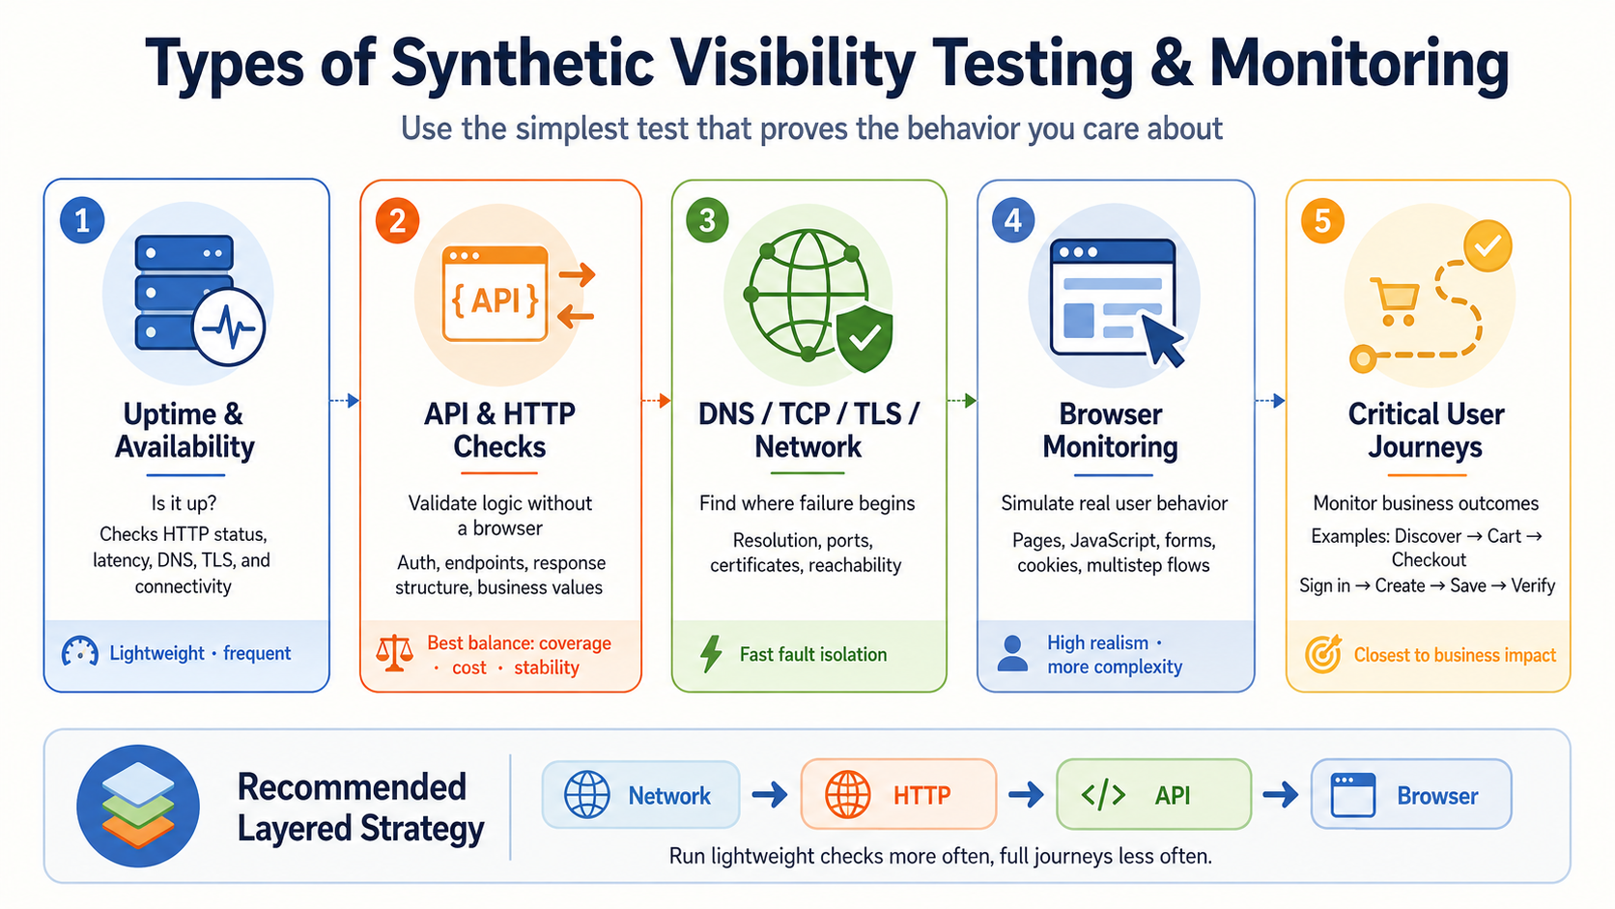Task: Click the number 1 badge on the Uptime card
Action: coord(82,220)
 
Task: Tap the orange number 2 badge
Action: coord(397,220)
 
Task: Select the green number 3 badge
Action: coord(707,220)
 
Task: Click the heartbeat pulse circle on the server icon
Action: coord(229,327)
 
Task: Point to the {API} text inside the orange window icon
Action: coord(496,299)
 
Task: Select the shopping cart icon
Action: coord(1395,301)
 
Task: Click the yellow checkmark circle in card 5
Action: coord(1487,246)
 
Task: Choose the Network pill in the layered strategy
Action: coord(641,794)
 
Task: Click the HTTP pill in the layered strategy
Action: coord(898,794)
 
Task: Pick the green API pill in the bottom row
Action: coord(1153,794)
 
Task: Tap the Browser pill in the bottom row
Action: coord(1411,794)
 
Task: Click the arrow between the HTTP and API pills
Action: coord(1026,795)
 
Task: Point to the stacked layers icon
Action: coord(138,806)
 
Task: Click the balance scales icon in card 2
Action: coord(394,653)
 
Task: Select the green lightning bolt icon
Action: coord(711,654)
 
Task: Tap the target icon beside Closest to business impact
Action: coord(1323,654)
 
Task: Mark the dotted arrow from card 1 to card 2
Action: coord(345,400)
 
